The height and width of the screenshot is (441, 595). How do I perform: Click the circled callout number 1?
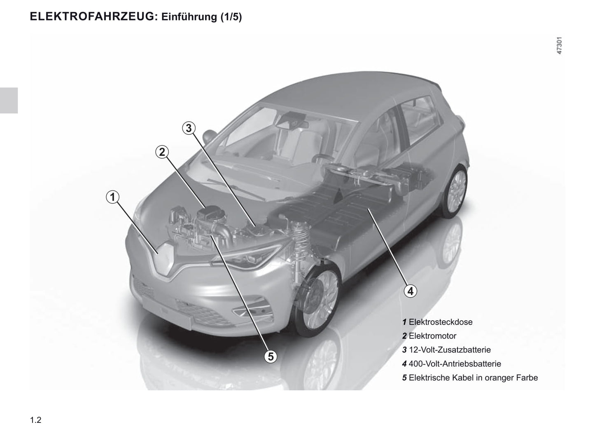pos(112,197)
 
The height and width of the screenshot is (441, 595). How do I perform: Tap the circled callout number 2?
pos(162,152)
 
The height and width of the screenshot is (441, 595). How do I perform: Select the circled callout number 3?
pos(189,128)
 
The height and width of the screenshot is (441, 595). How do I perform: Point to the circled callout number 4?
pos(411,291)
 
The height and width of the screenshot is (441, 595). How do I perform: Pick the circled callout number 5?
pos(271,357)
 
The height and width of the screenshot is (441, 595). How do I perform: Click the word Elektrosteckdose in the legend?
pos(441,322)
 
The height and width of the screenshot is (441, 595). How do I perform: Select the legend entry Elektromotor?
pos(432,336)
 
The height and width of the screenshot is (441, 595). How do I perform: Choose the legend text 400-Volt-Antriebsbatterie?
pos(455,364)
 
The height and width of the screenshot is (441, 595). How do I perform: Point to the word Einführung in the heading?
pos(189,16)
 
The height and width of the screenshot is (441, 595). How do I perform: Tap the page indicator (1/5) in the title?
pos(231,17)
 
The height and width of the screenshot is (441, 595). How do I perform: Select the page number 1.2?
pos(36,420)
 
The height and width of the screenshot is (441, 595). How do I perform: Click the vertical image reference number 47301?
pos(559,46)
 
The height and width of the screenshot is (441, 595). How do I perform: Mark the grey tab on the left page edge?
pos(9,101)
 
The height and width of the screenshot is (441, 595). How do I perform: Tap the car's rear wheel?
pos(455,191)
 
